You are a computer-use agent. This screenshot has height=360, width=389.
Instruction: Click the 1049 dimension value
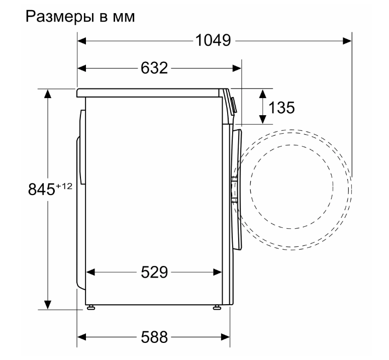(x=213, y=40)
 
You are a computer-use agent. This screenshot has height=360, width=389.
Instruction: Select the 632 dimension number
(x=154, y=68)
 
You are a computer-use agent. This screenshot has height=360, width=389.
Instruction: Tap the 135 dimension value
(x=281, y=108)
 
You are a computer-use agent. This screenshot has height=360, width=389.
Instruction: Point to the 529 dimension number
(x=154, y=272)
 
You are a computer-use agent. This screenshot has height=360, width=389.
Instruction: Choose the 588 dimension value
(x=154, y=337)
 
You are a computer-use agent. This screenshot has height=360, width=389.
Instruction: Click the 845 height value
(x=41, y=189)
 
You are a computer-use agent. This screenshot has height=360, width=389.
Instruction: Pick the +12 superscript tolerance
(x=64, y=186)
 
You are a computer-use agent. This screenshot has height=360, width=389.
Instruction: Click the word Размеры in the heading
(x=60, y=17)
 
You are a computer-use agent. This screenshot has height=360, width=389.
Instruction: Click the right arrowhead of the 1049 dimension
(x=347, y=41)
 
